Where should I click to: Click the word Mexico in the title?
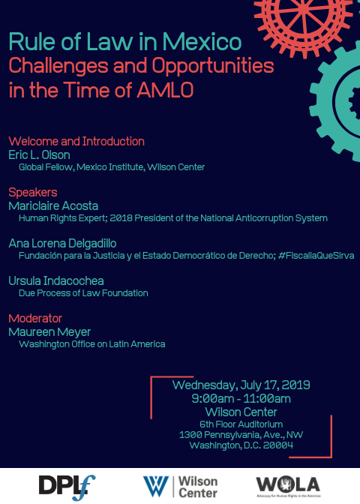click(202, 42)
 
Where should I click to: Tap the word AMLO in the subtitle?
click(165, 90)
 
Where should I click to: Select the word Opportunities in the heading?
click(213, 67)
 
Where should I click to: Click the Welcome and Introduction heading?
click(76, 141)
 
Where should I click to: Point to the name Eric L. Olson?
click(39, 154)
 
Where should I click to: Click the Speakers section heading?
click(33, 192)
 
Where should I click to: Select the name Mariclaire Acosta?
click(53, 205)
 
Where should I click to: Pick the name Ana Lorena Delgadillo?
click(62, 243)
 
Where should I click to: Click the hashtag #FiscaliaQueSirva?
click(316, 256)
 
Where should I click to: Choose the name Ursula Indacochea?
click(56, 280)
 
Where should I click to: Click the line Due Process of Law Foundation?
click(83, 292)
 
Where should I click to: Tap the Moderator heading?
click(35, 318)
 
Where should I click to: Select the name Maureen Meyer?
click(49, 332)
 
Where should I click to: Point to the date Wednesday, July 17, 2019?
click(241, 385)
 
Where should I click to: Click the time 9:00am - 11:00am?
click(241, 398)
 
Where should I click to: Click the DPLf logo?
click(67, 487)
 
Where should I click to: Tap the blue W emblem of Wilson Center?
click(155, 486)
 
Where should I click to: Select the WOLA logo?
click(288, 486)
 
